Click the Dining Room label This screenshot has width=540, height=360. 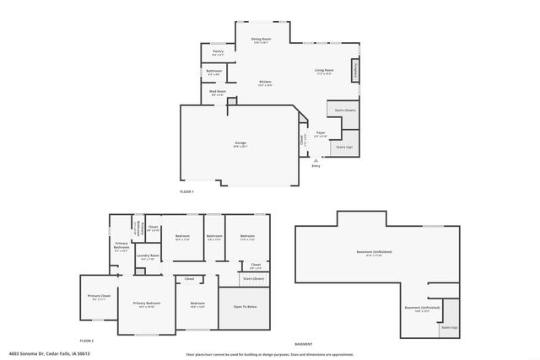click(260, 39)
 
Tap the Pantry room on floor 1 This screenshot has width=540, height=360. click(218, 53)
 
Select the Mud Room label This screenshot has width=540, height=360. click(218, 92)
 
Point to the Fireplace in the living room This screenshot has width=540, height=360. click(354, 70)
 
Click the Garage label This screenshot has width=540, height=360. click(240, 144)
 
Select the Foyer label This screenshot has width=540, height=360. click(321, 133)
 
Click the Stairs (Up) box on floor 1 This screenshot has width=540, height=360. click(344, 146)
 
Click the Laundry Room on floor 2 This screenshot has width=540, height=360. click(148, 256)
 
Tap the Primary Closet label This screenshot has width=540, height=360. click(99, 296)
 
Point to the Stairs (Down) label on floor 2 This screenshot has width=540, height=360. click(253, 278)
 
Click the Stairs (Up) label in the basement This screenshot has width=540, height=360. click(449, 327)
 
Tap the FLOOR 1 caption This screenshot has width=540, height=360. click(186, 192)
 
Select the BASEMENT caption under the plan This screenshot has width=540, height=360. click(304, 344)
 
